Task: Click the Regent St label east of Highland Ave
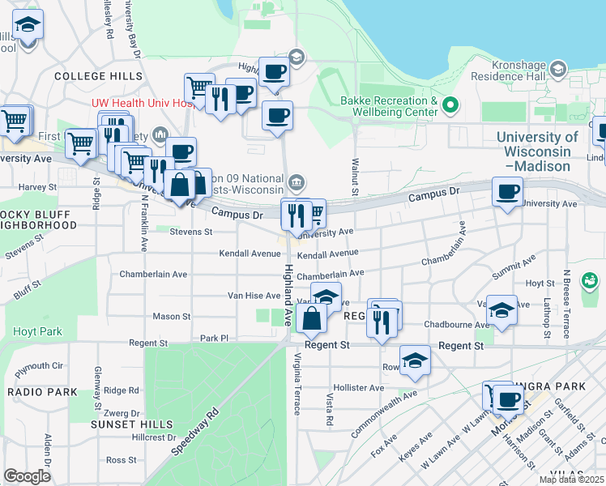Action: coord(461,346)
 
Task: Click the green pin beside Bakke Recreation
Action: coord(450,104)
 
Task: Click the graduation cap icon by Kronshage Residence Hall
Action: coord(557,70)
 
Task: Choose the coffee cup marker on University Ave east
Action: coord(508,192)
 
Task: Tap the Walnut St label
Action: coord(354,176)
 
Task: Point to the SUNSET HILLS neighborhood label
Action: coord(131,424)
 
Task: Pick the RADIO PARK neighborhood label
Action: coord(42,392)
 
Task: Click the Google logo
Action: coord(26,476)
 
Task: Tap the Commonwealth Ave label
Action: coord(383,415)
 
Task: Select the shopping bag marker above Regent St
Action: coord(311,318)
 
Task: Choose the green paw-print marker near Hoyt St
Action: coord(592,281)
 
